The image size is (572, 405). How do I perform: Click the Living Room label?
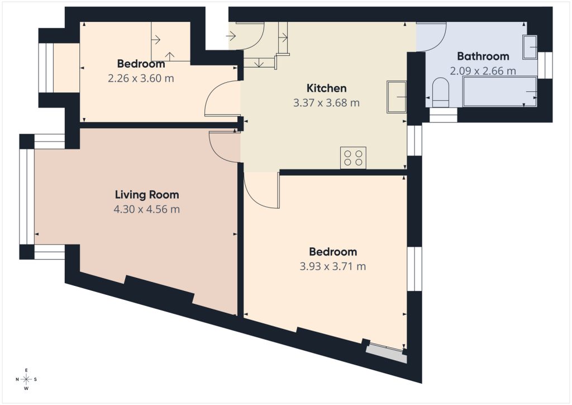coord(147,195)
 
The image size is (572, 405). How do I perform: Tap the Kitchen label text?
coord(326,88)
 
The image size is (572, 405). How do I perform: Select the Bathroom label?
coord(483,56)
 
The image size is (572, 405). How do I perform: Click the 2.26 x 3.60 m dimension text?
coord(141,78)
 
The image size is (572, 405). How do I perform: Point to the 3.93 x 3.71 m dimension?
coord(333,267)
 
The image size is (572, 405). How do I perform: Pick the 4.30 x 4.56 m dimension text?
coord(147,210)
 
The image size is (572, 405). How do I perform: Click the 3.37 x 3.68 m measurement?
coord(326,103)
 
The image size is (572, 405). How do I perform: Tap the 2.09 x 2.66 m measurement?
coord(483,71)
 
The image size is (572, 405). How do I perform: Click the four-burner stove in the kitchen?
coord(353,158)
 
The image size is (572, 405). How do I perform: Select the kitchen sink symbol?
coord(397,97)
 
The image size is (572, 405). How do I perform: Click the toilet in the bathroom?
coord(441,92)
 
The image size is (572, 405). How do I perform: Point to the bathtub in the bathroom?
coord(500,91)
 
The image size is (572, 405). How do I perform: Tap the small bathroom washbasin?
coord(530,47)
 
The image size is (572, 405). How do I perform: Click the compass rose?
coord(26,379)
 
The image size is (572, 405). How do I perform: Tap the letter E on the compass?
coord(26,370)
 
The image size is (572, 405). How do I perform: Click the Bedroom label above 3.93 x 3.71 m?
coord(333,252)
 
